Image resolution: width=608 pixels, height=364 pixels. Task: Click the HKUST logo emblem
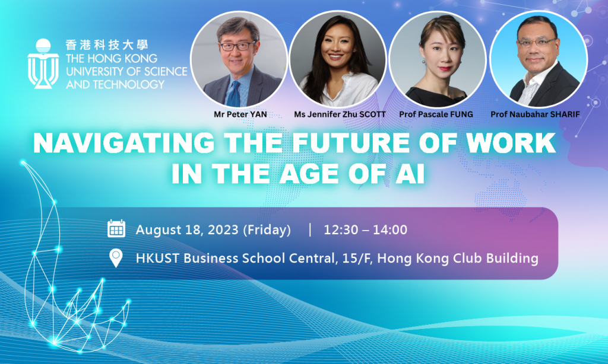(x=43, y=63)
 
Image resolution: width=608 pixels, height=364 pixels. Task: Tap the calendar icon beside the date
(x=116, y=228)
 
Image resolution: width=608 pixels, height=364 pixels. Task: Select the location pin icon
(x=116, y=258)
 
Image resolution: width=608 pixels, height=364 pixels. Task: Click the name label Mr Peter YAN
(x=240, y=114)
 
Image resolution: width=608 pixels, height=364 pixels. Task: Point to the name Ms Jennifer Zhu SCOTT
(x=340, y=114)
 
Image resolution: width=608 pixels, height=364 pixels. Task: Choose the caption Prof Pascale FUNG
(x=436, y=114)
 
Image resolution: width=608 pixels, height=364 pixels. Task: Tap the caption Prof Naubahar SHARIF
(x=535, y=114)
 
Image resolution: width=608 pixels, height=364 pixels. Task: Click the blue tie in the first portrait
(x=233, y=94)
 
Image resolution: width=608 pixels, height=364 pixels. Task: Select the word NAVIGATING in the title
(x=123, y=143)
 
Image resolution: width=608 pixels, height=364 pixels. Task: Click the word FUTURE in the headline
(x=350, y=143)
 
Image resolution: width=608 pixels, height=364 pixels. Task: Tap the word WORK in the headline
(x=511, y=143)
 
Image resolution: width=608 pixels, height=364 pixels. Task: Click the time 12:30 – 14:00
(x=365, y=229)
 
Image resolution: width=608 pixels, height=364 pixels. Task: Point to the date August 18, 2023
(x=187, y=230)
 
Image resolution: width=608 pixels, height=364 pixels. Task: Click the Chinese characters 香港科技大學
(x=107, y=45)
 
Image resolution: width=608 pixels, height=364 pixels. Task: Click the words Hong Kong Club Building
(x=458, y=258)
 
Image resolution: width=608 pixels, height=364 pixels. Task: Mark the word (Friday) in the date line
(x=267, y=230)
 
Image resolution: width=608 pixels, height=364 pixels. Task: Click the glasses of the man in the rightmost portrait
(x=537, y=43)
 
